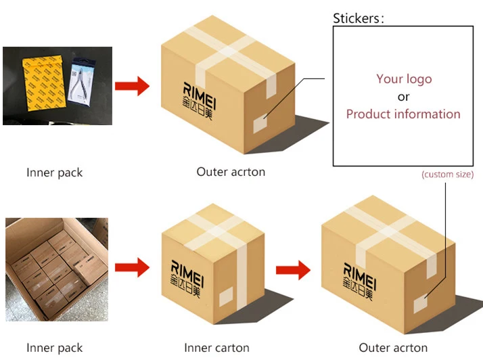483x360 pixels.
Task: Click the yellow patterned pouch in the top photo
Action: point(43,83)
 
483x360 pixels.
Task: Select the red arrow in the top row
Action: point(132,86)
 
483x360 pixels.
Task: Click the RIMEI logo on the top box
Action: point(199,100)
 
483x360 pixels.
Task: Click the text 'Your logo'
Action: point(404,79)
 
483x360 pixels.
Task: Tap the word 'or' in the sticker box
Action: point(403,97)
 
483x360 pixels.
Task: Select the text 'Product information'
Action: point(403,114)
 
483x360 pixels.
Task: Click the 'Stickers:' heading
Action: point(359,18)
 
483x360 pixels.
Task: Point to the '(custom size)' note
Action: point(448,175)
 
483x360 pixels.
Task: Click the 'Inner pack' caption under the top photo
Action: point(55,173)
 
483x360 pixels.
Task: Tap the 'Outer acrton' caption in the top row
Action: point(231,172)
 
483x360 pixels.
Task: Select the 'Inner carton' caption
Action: point(216,348)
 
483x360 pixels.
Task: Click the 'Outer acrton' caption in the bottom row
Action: point(393,348)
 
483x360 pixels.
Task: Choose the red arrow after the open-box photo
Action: point(132,267)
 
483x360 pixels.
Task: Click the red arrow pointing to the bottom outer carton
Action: point(293,270)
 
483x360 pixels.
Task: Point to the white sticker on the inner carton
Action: point(226,296)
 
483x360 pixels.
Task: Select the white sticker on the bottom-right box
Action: point(421,303)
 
